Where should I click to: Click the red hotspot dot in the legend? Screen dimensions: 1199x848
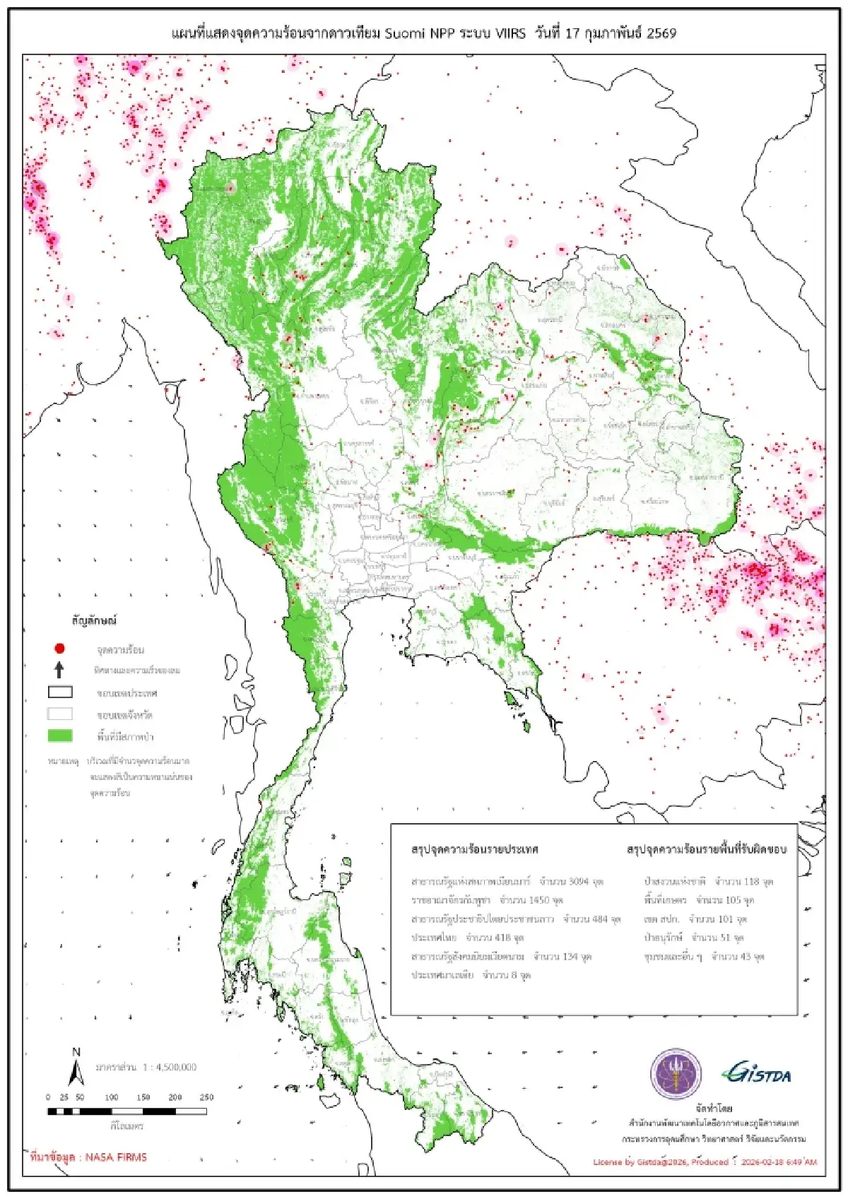click(60, 648)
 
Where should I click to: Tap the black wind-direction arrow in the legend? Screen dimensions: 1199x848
click(60, 669)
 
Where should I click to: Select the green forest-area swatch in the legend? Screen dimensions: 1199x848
click(60, 736)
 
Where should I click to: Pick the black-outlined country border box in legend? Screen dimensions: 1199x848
click(60, 692)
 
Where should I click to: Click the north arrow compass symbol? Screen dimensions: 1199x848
click(76, 1069)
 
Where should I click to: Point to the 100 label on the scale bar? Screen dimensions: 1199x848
click(112, 1097)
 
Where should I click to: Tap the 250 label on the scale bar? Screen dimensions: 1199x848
click(206, 1097)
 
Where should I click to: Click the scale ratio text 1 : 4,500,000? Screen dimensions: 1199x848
click(169, 1067)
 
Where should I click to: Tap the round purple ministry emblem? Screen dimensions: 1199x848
click(676, 1074)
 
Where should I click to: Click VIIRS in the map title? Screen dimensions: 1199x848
click(510, 33)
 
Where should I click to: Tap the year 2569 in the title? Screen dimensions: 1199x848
click(661, 33)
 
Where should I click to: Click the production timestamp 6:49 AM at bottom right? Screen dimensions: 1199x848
click(801, 1162)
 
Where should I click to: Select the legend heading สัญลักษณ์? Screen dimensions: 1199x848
click(93, 620)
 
